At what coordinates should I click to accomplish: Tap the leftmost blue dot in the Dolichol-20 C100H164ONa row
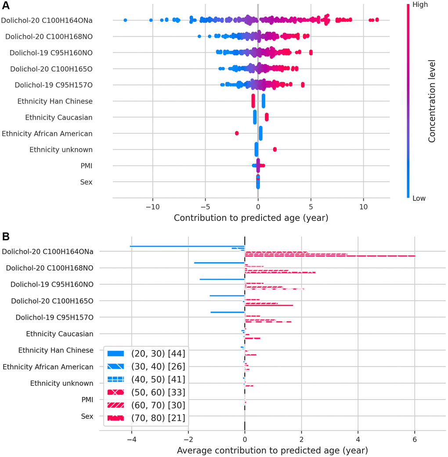tap(125, 20)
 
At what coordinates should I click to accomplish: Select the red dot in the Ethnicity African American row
tap(237, 133)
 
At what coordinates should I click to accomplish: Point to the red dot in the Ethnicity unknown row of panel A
tap(275, 150)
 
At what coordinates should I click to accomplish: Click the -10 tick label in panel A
tap(152, 206)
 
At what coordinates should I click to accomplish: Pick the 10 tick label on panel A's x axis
tap(363, 206)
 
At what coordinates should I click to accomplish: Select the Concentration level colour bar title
tap(432, 101)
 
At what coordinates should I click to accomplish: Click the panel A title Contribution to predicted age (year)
tap(251, 218)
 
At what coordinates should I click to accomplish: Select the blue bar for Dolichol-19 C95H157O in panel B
tap(228, 312)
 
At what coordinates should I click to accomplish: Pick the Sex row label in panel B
tap(87, 416)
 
